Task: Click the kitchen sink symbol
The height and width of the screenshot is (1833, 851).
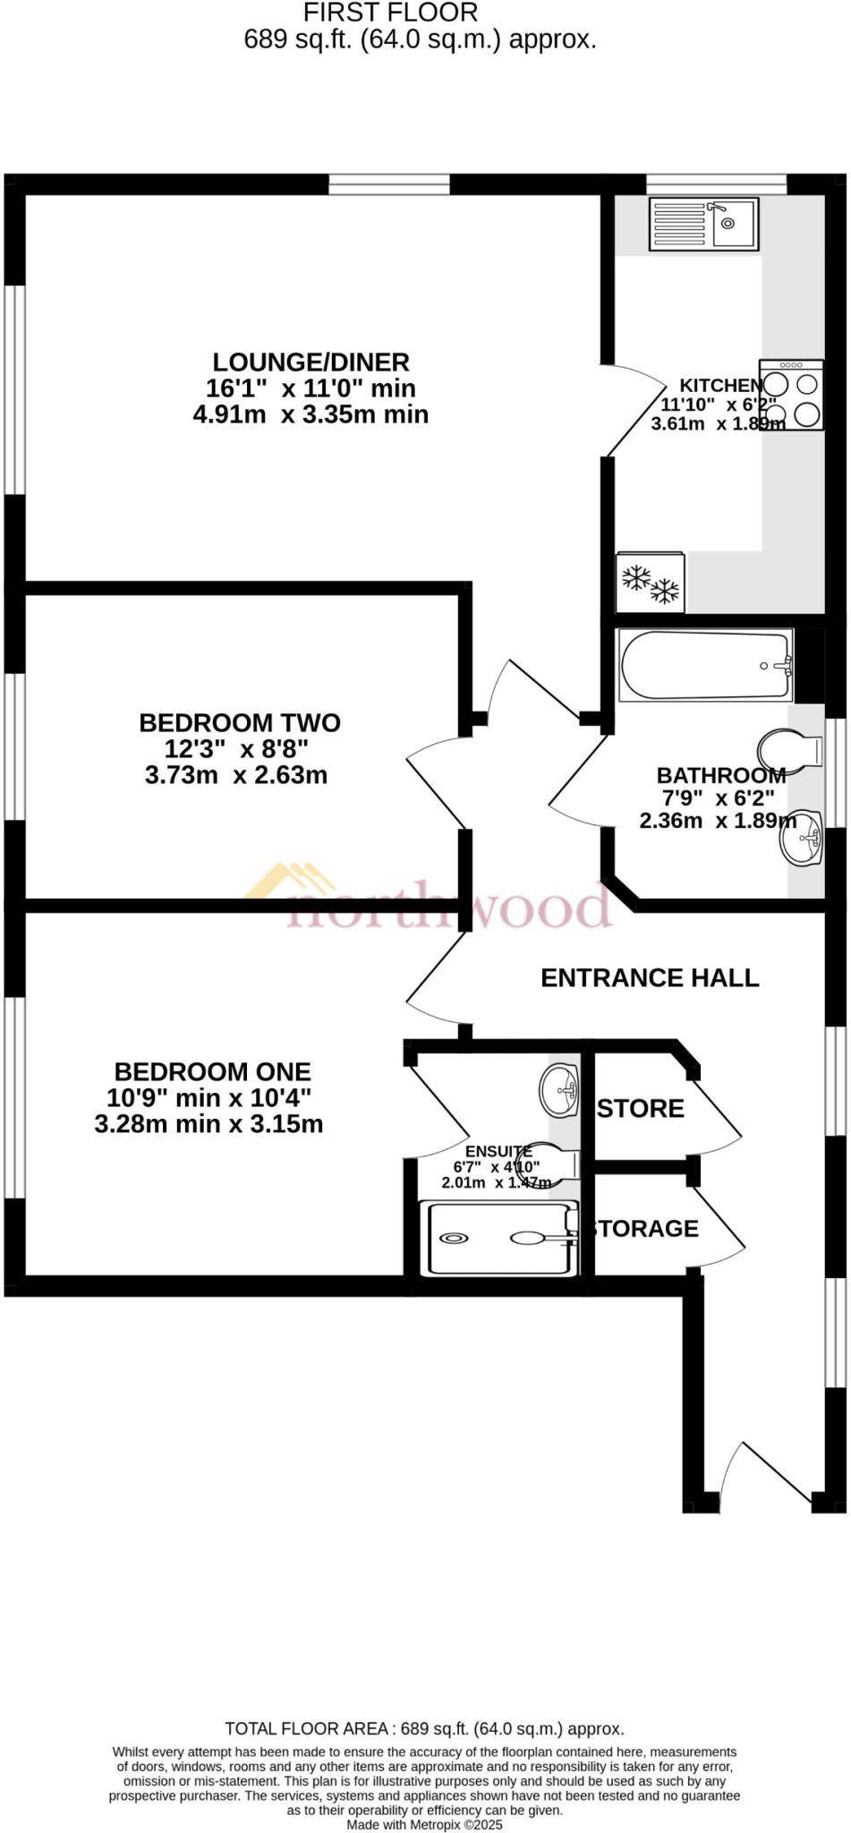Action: coord(704,224)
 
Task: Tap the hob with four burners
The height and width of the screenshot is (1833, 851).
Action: coord(791,395)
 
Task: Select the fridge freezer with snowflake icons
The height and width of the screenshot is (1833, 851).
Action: coord(651,583)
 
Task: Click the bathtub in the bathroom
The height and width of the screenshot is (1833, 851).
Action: coord(706,666)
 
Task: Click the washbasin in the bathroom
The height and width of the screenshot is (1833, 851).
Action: coord(802,838)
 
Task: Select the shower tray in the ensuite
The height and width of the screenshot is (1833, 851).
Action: coord(498,1238)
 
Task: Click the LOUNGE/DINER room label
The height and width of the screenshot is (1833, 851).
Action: coord(311,362)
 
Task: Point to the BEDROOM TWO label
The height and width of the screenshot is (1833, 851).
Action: coord(240,722)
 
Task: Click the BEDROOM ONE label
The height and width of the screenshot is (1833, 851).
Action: coord(212,1071)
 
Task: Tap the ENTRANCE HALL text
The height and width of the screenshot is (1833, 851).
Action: coord(650,977)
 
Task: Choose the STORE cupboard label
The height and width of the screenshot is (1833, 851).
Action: coord(641,1108)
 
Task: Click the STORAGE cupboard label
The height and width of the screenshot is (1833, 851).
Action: coord(645,1228)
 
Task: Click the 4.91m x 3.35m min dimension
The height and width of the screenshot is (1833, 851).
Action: coord(311,414)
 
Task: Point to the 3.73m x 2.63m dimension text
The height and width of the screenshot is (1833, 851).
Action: coord(236,775)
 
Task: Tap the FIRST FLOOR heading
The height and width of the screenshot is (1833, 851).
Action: coord(391,13)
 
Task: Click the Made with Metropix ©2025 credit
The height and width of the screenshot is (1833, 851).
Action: coord(424,1824)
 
